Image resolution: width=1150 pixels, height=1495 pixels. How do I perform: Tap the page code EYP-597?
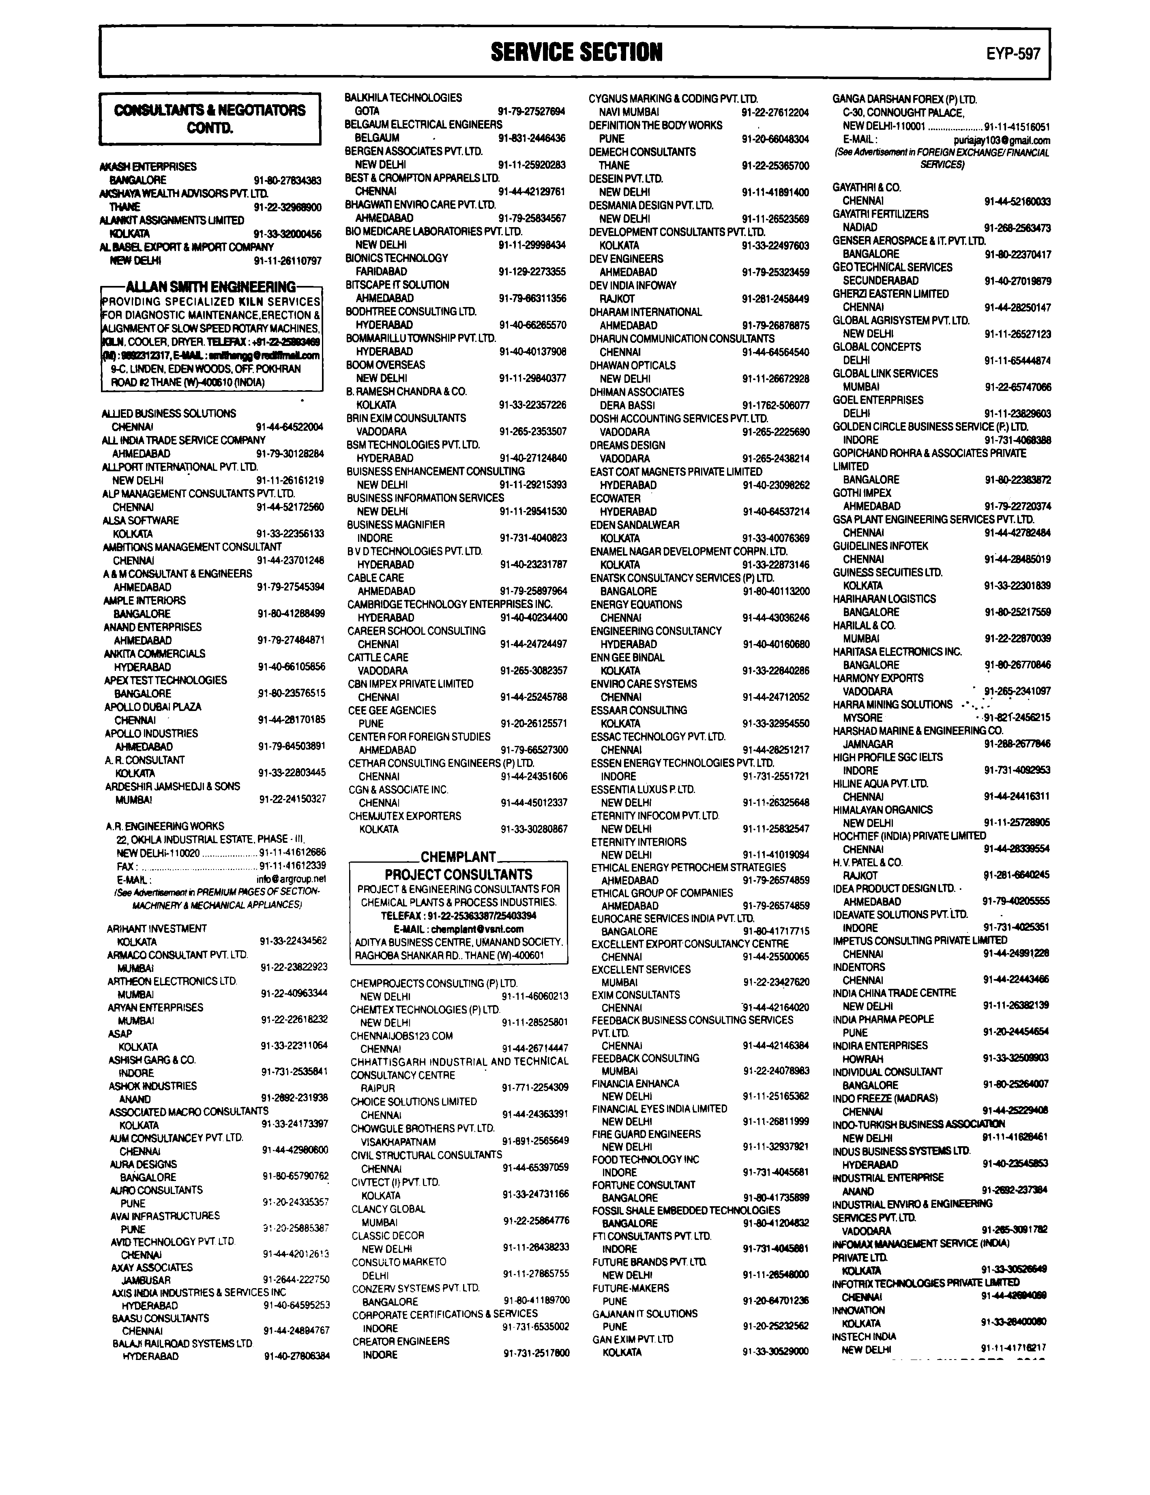point(1013,54)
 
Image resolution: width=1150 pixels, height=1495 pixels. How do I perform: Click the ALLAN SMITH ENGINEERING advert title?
point(211,287)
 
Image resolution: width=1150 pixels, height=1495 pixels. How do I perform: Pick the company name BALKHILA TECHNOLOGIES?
point(403,98)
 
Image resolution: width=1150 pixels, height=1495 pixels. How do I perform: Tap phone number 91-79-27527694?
point(531,111)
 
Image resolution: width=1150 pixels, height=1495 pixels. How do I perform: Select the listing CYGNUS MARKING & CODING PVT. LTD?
point(673,99)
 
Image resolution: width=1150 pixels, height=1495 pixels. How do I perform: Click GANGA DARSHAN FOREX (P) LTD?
point(904,99)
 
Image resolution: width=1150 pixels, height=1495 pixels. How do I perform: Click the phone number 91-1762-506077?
point(776,405)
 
